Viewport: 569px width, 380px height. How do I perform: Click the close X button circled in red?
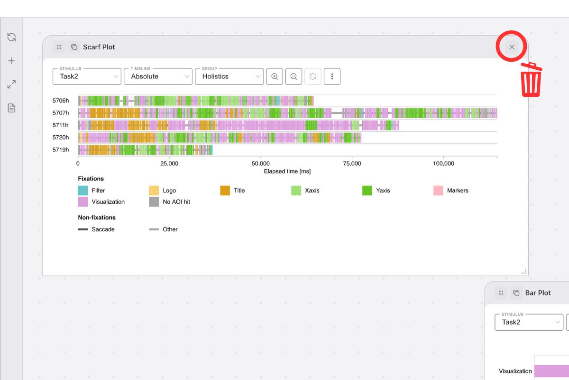[x=512, y=47]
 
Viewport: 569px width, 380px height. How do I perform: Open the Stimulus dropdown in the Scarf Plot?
[x=87, y=76]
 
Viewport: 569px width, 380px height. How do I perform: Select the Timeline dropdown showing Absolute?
[x=158, y=76]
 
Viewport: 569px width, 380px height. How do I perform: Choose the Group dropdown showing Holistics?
[x=229, y=76]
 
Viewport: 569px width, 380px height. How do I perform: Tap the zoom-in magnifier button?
[x=275, y=76]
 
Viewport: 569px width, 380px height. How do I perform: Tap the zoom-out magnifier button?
[x=294, y=76]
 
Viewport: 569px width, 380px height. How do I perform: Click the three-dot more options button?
[x=332, y=76]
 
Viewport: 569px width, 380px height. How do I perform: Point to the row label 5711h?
[x=61, y=125]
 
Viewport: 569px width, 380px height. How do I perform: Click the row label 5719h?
[x=61, y=150]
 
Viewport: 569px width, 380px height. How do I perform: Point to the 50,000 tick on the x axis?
[x=261, y=163]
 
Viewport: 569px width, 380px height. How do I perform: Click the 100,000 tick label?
[x=443, y=163]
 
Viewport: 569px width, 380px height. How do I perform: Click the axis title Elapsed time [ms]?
[x=287, y=171]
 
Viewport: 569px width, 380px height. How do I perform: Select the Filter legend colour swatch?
[x=83, y=190]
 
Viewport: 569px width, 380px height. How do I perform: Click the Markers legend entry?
[x=457, y=190]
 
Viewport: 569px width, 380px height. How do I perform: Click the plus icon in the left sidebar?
[x=12, y=61]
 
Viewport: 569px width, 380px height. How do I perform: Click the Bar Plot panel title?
[x=538, y=293]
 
